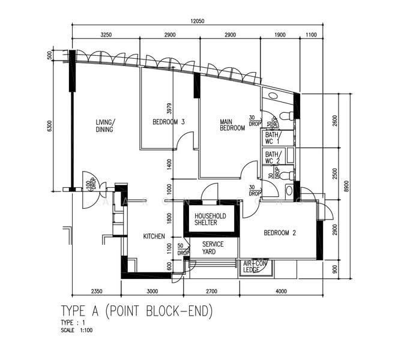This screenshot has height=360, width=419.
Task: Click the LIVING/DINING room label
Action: pyautogui.click(x=105, y=125)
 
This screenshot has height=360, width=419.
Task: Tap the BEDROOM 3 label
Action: pyautogui.click(x=168, y=122)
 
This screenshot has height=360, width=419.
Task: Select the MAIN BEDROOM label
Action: pyautogui.click(x=232, y=125)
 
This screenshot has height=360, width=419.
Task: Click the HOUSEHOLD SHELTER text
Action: pyautogui.click(x=210, y=219)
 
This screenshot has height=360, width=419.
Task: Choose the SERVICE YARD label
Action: pyautogui.click(x=213, y=248)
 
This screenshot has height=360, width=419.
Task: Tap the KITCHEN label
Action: pyautogui.click(x=154, y=236)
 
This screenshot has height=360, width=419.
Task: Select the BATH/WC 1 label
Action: pyautogui.click(x=273, y=139)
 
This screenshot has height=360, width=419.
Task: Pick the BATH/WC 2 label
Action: pyautogui.click(x=273, y=157)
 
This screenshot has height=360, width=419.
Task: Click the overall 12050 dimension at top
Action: pyautogui.click(x=199, y=21)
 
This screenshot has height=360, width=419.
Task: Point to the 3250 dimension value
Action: pyautogui.click(x=106, y=35)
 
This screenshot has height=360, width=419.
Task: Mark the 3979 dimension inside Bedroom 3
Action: pyautogui.click(x=169, y=108)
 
